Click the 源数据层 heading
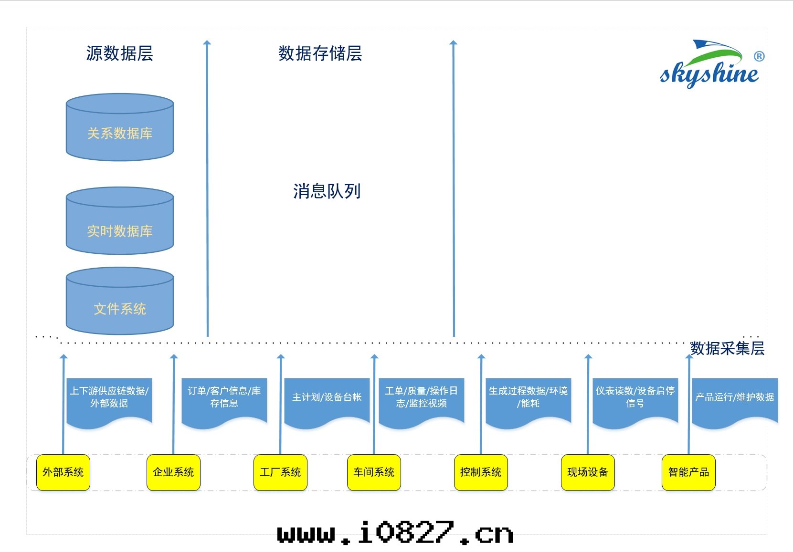(x=119, y=53)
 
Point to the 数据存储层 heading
(x=320, y=53)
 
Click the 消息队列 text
(x=327, y=191)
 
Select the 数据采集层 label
(x=727, y=348)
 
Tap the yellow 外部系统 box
(x=63, y=472)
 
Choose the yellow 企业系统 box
(x=173, y=472)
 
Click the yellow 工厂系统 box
(x=280, y=472)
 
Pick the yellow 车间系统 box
(x=374, y=472)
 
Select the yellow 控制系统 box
(x=481, y=472)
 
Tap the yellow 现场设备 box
(x=588, y=472)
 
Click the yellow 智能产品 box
(x=688, y=472)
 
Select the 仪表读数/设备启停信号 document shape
(x=635, y=400)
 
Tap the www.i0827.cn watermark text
(x=395, y=533)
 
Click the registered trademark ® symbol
(x=759, y=56)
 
